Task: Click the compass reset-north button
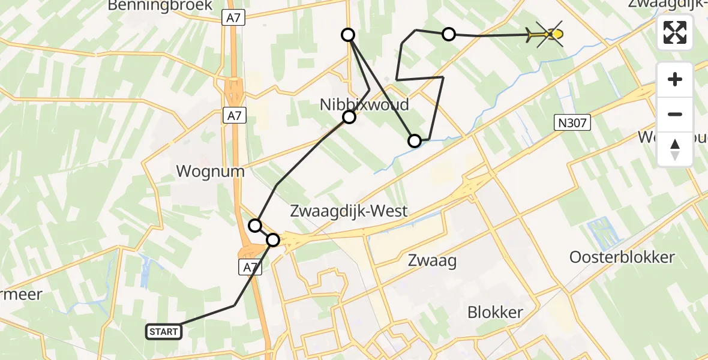pyautogui.click(x=675, y=149)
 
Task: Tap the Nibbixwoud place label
pyautogui.click(x=364, y=104)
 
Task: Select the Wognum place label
pyautogui.click(x=210, y=172)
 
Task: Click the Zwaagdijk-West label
pyautogui.click(x=349, y=211)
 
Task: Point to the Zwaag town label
pyautogui.click(x=432, y=260)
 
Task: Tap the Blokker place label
pyautogui.click(x=495, y=313)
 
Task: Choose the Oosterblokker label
pyautogui.click(x=622, y=257)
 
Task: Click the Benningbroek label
pyautogui.click(x=160, y=6)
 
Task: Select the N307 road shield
pyautogui.click(x=572, y=123)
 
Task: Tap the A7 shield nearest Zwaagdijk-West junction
pyautogui.click(x=251, y=268)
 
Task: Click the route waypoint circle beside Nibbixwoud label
pyautogui.click(x=349, y=117)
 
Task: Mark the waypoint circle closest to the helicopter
pyautogui.click(x=449, y=34)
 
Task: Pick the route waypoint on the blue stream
pyautogui.click(x=415, y=141)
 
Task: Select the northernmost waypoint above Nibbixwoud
pyautogui.click(x=348, y=35)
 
